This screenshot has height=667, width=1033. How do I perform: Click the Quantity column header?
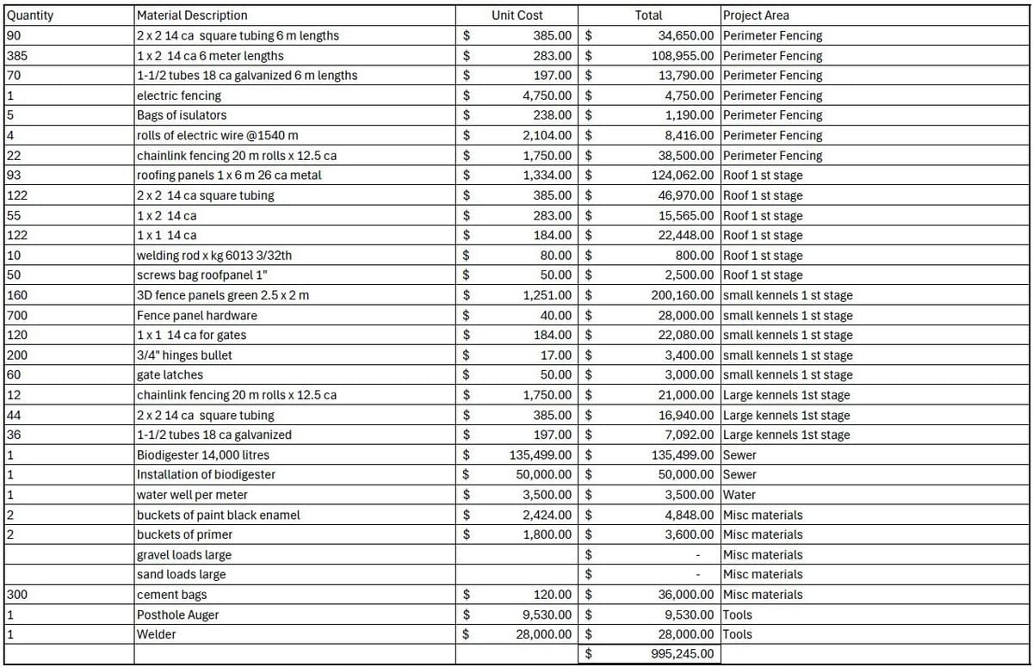(x=29, y=15)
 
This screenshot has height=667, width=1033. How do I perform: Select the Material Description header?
(x=192, y=15)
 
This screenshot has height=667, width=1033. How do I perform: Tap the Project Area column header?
(x=756, y=15)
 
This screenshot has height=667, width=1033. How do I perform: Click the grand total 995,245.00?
(x=684, y=654)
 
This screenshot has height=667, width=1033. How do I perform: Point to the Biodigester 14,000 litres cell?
(x=202, y=454)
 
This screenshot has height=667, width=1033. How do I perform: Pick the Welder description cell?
(x=157, y=634)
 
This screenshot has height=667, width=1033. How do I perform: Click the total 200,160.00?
(x=683, y=295)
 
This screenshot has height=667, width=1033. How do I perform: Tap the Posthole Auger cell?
(x=178, y=615)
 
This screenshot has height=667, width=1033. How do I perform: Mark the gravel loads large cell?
(x=184, y=555)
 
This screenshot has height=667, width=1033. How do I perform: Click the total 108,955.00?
(x=683, y=56)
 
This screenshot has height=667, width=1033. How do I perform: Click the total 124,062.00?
(x=683, y=176)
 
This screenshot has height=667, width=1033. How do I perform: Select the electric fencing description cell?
(x=179, y=96)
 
